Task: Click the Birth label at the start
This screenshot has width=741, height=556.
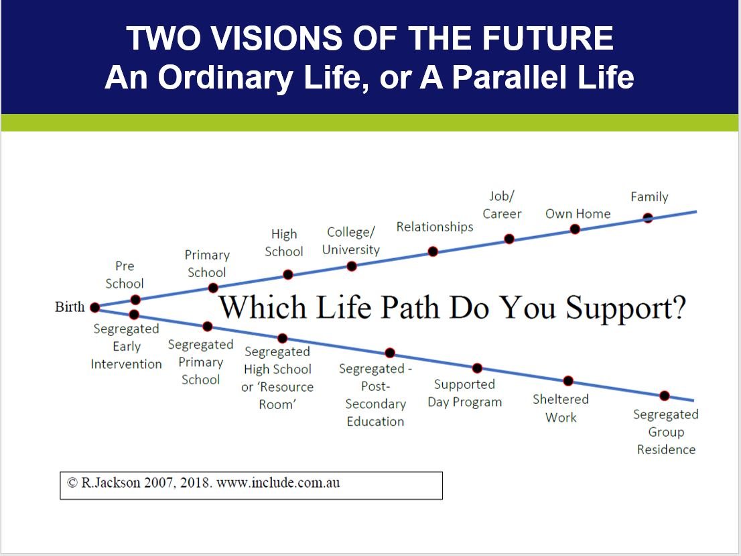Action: [x=70, y=307]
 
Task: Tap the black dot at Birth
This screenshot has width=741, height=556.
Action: [x=94, y=307]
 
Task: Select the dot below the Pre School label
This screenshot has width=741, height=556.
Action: [x=135, y=300]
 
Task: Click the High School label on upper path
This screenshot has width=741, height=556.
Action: [x=284, y=243]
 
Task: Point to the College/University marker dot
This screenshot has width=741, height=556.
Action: [x=352, y=266]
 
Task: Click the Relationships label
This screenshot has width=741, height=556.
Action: [x=434, y=227]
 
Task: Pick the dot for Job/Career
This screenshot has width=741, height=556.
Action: [x=509, y=238]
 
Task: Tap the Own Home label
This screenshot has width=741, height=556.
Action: [x=578, y=214]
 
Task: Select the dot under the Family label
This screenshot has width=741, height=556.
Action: [x=648, y=217]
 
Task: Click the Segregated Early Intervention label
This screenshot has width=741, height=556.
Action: [x=126, y=347]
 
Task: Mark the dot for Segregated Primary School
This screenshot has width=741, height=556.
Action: [x=208, y=327]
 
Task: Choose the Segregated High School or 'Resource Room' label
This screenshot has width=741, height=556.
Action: [x=277, y=378]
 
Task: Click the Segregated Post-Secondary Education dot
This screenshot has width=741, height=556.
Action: [x=390, y=353]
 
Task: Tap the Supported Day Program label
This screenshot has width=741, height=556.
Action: [x=464, y=394]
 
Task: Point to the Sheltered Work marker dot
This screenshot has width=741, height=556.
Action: [x=568, y=381]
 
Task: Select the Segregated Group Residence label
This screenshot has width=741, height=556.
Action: [x=665, y=432]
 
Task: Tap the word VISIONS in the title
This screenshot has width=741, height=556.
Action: [x=267, y=38]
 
